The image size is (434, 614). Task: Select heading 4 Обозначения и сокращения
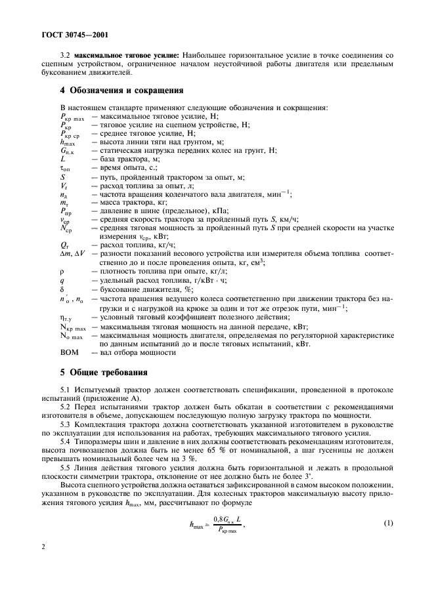122,90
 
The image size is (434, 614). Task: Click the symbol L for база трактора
62,158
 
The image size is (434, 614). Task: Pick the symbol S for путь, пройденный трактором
62,176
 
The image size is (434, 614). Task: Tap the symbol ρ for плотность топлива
62,271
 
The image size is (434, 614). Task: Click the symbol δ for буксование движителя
62,289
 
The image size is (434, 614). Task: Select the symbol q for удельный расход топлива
62,280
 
